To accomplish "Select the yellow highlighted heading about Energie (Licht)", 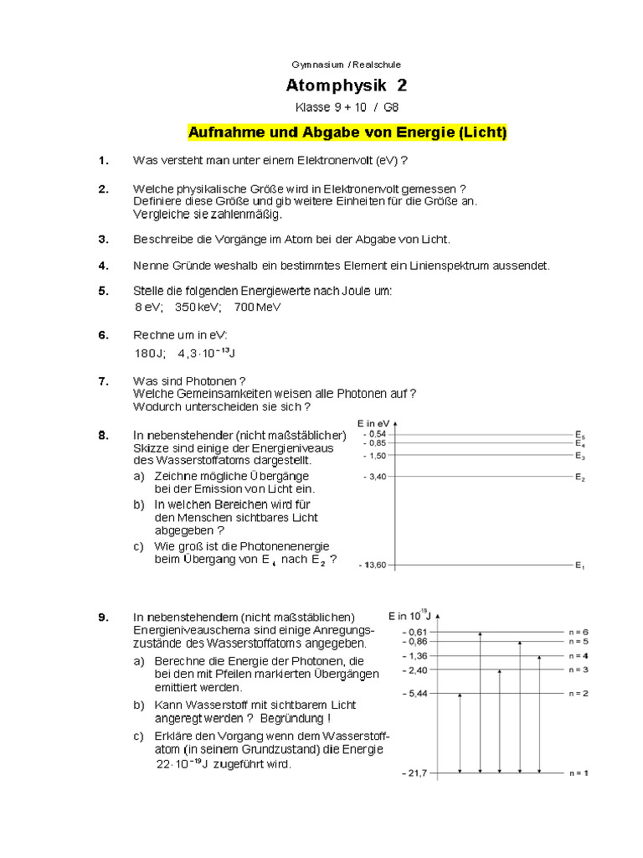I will click(347, 132).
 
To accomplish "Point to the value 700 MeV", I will click(258, 307).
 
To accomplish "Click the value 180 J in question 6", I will click(151, 353).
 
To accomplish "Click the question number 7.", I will click(103, 380).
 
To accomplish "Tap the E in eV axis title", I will click(373, 423).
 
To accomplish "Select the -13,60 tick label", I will click(373, 565).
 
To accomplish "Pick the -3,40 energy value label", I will click(374, 477).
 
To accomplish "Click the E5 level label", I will click(579, 436).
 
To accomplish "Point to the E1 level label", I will click(579, 566).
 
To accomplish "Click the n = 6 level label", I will click(579, 631).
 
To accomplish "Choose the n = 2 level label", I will click(579, 694).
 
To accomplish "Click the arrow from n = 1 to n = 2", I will click(460, 733).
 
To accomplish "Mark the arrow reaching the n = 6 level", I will click(480, 702).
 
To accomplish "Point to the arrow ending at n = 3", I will click(500, 721).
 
